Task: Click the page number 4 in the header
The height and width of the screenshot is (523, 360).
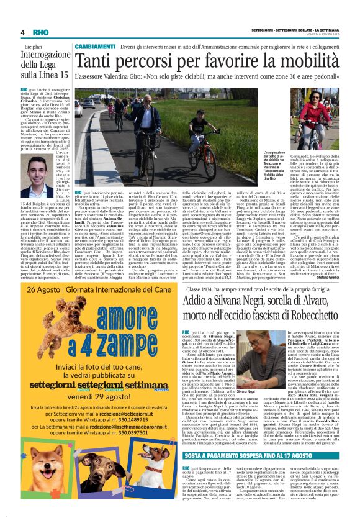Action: point(22,32)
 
